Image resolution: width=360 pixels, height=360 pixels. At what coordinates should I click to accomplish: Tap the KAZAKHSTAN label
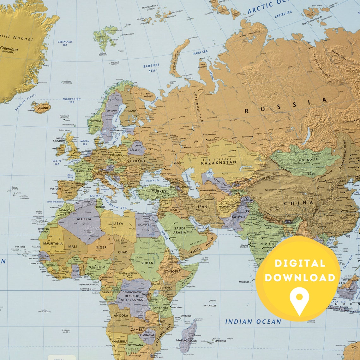219,163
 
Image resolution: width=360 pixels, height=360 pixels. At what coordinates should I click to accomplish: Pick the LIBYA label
118,223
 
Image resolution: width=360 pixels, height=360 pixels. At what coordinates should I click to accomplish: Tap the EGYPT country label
144,225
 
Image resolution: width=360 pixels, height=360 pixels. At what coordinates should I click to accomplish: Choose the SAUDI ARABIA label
180,230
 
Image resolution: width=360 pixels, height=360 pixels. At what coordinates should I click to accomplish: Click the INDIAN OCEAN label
253,322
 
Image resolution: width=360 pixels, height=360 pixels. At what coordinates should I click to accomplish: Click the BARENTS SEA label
151,68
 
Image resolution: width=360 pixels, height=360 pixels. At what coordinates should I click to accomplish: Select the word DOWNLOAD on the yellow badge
300,278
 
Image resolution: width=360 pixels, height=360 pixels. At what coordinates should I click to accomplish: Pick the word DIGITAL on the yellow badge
300,263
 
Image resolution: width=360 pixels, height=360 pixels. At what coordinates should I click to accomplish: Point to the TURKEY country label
159,191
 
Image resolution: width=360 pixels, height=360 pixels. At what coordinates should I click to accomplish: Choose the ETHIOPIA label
172,271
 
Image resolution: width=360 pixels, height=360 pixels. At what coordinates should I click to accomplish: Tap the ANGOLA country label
121,315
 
